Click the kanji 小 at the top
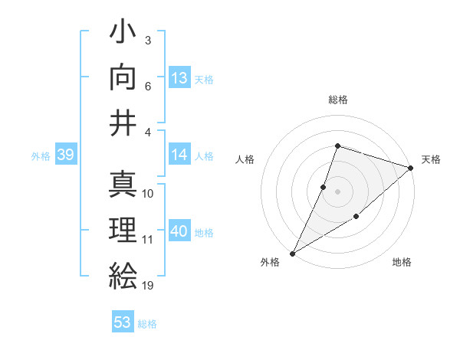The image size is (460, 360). coord(123,34)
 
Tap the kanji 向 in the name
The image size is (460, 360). coord(123,77)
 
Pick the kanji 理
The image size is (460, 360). coord(123,230)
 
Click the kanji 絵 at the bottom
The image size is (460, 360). coord(123,274)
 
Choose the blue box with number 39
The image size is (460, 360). coord(65,155)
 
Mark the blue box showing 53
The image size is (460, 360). coord(123,322)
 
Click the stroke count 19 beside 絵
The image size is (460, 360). coord(148,286)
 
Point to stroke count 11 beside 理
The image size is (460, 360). coord(148,240)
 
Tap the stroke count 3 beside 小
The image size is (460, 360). coord(147,40)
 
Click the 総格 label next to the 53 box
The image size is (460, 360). coord(147,324)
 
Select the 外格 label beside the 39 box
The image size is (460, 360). coord(41,156)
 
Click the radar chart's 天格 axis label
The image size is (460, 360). coord(431,159)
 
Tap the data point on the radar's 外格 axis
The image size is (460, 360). coord(292,254)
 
